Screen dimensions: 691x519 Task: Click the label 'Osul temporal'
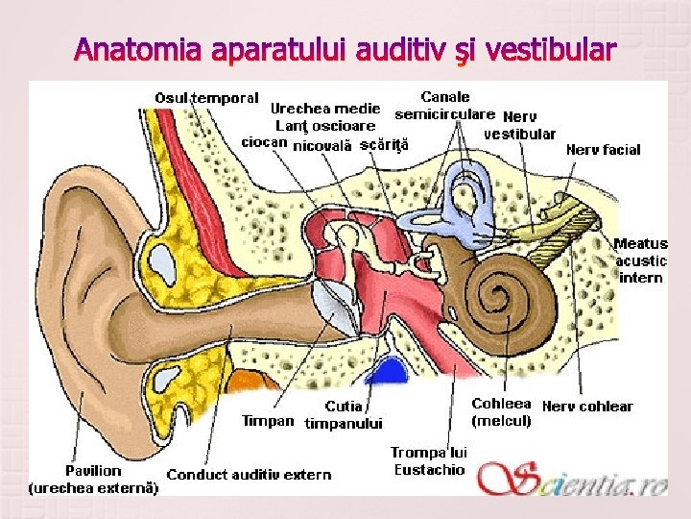point(206,98)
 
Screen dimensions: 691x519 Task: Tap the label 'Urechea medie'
point(324,109)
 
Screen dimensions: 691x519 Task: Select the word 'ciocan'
point(264,142)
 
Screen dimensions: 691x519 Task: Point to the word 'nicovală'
point(322,146)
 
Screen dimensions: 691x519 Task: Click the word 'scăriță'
point(384,146)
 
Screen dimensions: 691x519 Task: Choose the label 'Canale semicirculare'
point(444,106)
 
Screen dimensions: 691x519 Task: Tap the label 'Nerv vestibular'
point(519,125)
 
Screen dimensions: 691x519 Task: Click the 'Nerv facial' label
point(603,150)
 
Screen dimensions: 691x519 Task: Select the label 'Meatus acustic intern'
point(640,260)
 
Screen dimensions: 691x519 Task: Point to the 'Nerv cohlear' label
point(587,407)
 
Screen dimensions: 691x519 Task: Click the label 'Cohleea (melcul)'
point(501,412)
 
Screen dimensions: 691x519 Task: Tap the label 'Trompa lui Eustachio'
point(429,461)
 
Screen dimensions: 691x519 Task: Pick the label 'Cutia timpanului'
point(344,415)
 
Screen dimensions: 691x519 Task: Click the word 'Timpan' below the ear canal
point(268,421)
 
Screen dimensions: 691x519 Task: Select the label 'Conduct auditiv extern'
point(249,475)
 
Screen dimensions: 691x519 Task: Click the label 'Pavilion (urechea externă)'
point(93,479)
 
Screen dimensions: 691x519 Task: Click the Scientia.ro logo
point(573,478)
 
